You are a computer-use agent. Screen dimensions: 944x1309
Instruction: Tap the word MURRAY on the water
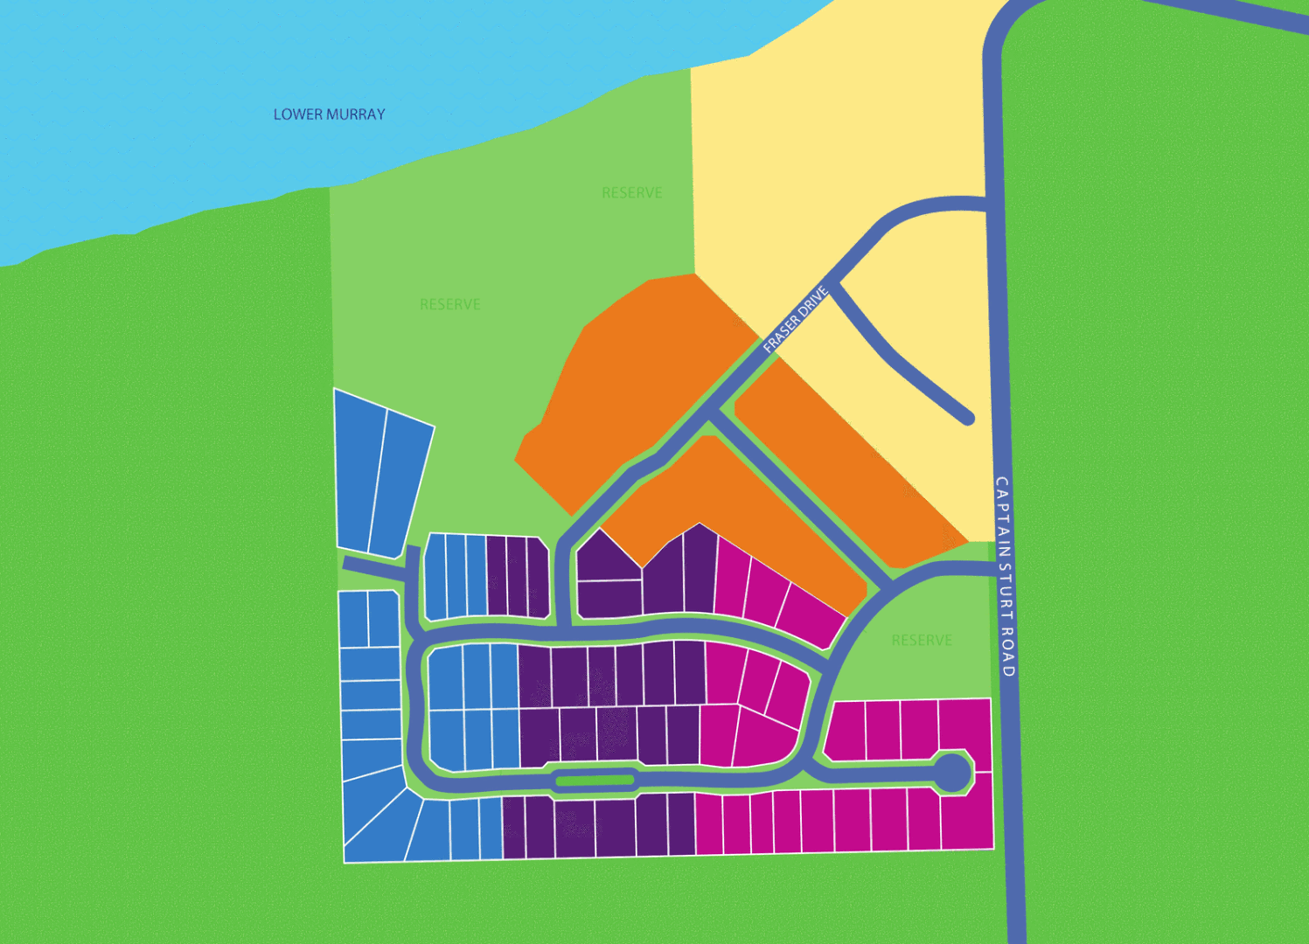point(353,115)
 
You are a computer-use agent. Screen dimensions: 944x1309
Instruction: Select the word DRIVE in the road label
point(814,301)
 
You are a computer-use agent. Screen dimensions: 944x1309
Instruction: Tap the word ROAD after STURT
point(1007,651)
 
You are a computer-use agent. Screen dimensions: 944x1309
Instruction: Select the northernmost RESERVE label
point(631,192)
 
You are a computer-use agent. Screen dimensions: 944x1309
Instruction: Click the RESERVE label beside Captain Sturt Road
point(922,641)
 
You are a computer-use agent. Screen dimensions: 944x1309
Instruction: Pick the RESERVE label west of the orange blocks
point(450,304)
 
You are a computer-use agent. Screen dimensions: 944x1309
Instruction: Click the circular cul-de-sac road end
point(952,773)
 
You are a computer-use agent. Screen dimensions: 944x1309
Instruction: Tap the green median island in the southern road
point(595,781)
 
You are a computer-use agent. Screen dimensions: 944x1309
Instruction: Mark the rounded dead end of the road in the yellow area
point(967,419)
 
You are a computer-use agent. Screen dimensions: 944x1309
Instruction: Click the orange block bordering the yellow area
point(839,463)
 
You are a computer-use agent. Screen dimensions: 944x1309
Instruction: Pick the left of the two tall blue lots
point(359,472)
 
